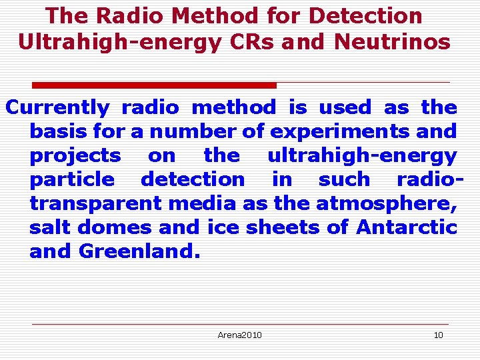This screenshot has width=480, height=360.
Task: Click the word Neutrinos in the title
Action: tap(392, 41)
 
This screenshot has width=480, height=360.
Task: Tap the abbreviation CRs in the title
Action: tap(247, 41)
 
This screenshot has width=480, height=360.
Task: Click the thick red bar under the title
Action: tap(155, 85)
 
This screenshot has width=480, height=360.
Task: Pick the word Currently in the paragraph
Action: tap(57, 107)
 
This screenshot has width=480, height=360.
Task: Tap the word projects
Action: tap(75, 155)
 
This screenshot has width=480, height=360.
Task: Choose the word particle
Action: tap(72, 179)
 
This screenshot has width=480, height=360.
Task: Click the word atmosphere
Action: tap(387, 203)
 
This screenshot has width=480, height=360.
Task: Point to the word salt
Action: tap(50, 227)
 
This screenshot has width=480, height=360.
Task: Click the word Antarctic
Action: tap(407, 227)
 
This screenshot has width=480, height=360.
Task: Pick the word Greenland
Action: tap(139, 251)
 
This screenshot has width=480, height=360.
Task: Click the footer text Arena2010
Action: tap(239, 335)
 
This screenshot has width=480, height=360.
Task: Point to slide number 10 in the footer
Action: tap(438, 335)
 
